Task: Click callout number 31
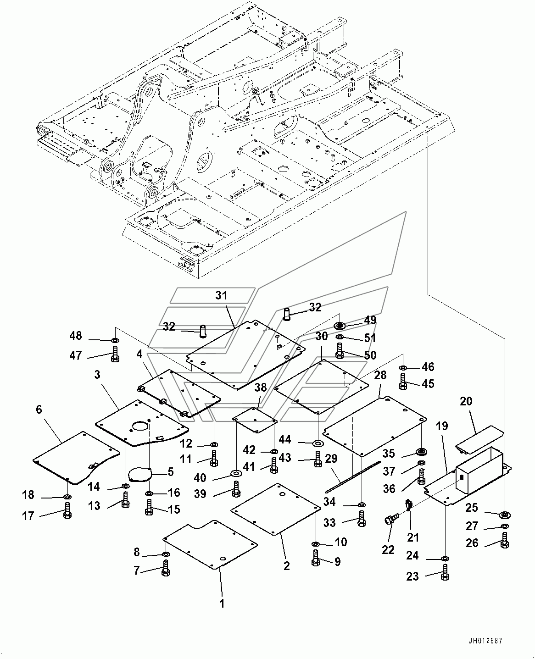(x=221, y=295)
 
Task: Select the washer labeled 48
(x=115, y=341)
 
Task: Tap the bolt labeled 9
(x=316, y=559)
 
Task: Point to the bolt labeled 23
(x=445, y=573)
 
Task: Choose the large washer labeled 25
(x=505, y=515)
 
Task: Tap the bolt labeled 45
(x=403, y=382)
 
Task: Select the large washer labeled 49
(x=340, y=326)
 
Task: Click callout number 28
(x=380, y=375)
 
